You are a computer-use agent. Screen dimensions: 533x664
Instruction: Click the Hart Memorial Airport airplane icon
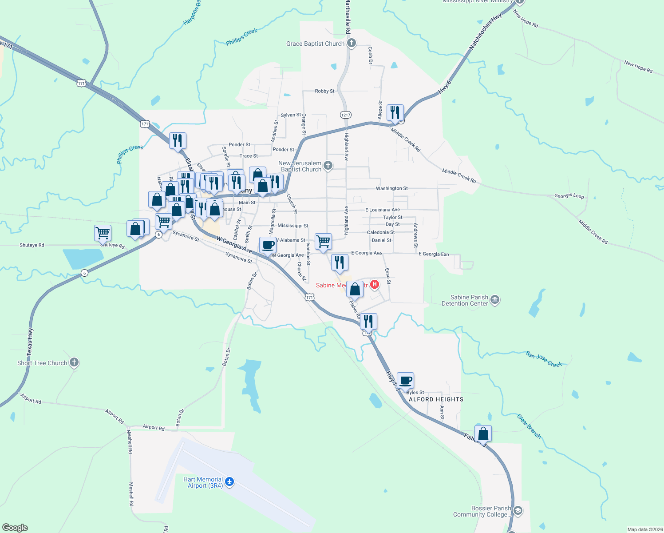229,482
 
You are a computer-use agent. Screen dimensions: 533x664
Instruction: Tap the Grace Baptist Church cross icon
352,43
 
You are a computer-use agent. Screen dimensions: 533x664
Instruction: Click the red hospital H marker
375,284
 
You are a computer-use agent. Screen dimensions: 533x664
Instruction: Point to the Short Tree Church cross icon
74,362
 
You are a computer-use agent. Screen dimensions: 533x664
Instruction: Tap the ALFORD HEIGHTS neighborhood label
436,399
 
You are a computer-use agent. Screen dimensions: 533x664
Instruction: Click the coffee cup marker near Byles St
405,381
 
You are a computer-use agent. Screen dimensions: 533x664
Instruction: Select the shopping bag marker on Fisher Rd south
483,434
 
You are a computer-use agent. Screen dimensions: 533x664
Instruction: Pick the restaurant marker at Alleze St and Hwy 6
395,113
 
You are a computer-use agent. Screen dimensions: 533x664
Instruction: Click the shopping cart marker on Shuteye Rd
103,233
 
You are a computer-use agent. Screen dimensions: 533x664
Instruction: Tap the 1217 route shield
346,115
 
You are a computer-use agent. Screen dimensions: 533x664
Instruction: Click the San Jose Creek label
544,359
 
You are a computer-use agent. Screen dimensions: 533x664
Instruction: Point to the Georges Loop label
569,195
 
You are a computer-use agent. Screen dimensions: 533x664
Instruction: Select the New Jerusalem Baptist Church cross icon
328,166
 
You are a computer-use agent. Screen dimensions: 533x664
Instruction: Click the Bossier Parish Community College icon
518,511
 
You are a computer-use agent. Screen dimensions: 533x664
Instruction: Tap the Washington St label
391,188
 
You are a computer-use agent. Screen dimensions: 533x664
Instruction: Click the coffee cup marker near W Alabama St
268,245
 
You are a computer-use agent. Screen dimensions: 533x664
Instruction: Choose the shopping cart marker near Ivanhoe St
323,242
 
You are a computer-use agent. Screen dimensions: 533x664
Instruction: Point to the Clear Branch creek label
529,426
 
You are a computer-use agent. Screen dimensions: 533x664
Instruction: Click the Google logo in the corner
15,528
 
